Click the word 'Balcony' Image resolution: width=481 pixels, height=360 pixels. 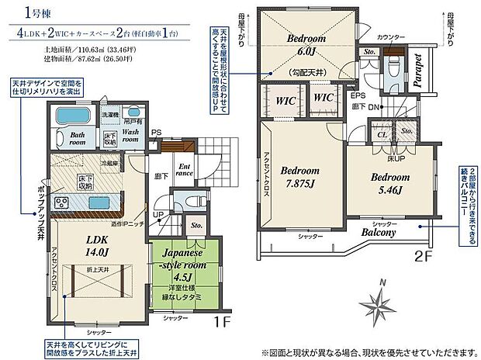tap(377, 232)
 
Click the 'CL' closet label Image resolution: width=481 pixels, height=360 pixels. tap(382, 133)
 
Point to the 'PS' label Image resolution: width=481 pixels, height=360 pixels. tap(157, 132)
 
